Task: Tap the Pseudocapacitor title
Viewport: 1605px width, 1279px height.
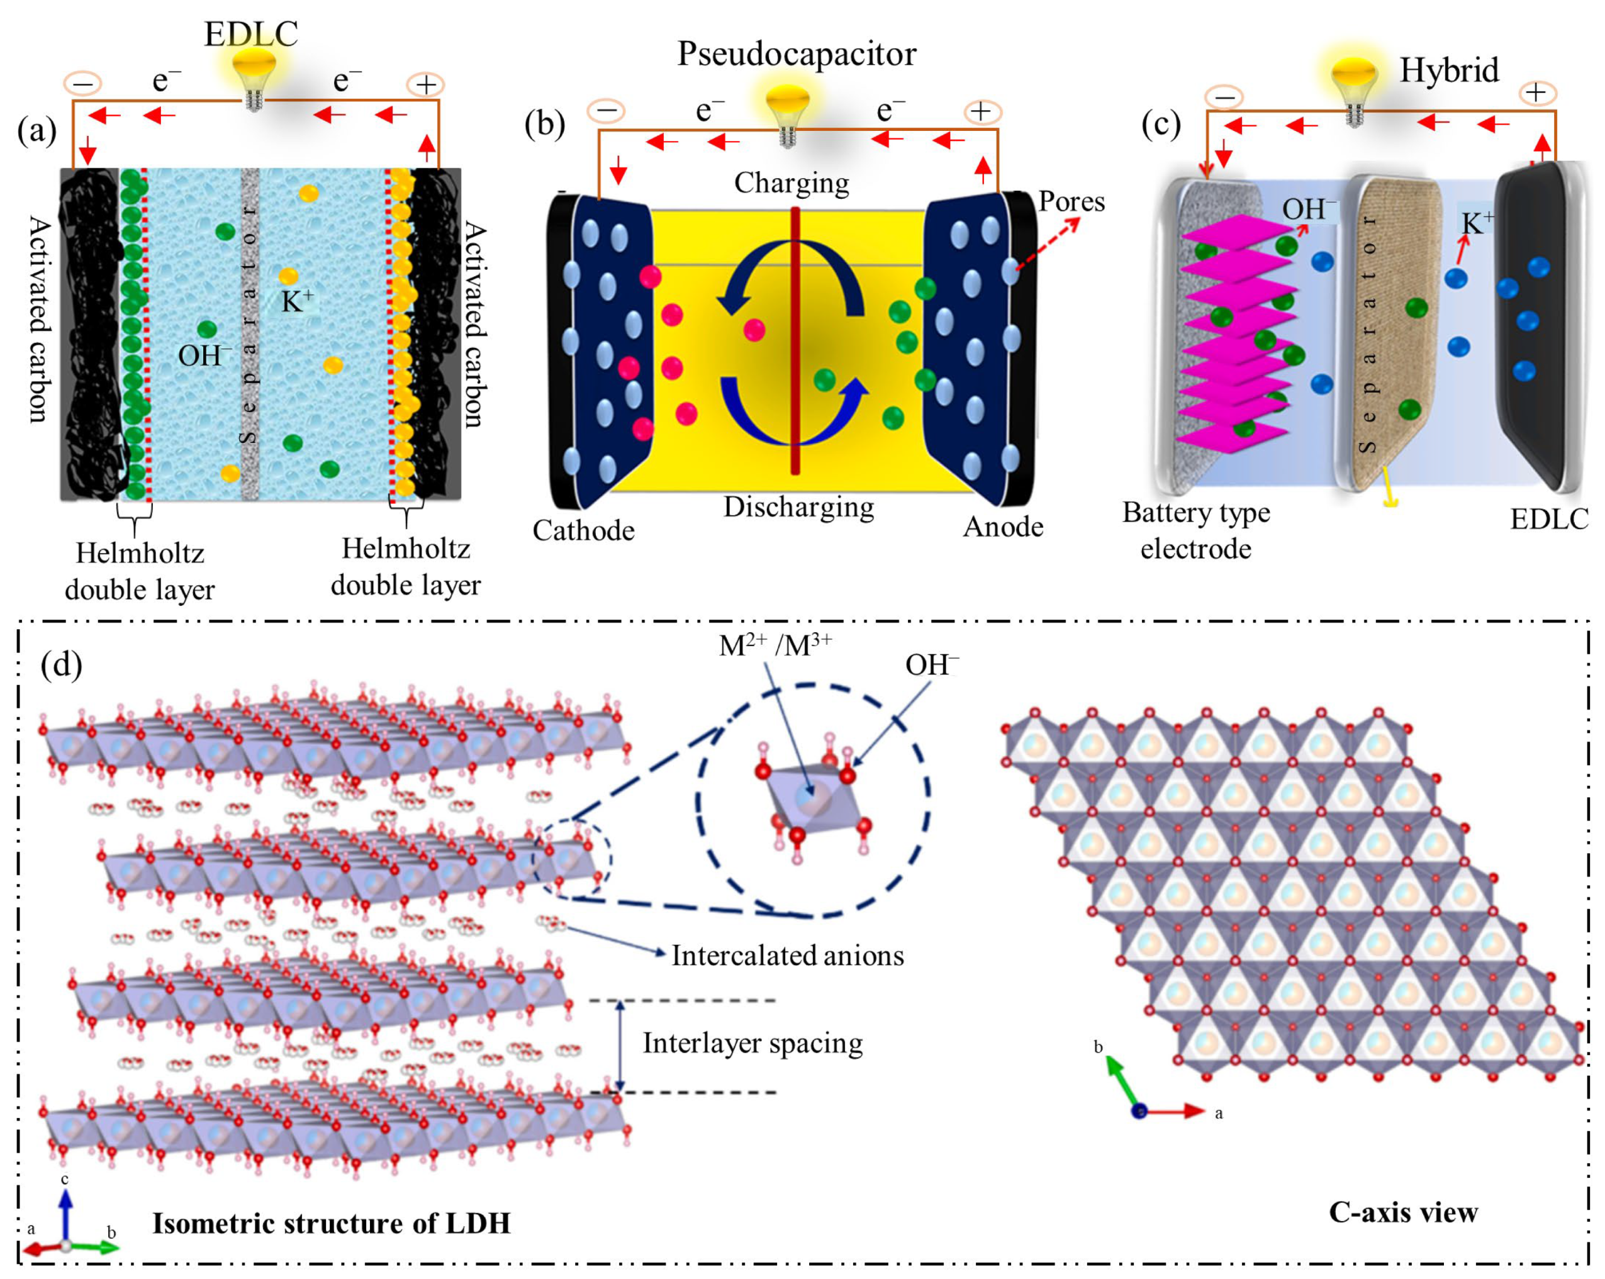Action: click(x=796, y=54)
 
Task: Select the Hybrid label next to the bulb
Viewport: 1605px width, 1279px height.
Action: click(x=1449, y=70)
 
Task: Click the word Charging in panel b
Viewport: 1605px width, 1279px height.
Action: click(x=791, y=183)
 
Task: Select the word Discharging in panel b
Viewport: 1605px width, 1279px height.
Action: click(x=799, y=508)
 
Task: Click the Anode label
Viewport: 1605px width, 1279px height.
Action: click(x=1003, y=527)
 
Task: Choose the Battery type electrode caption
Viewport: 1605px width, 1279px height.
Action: click(x=1195, y=531)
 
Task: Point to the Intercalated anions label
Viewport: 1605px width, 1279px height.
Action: click(x=787, y=956)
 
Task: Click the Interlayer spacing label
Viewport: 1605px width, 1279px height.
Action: click(x=752, y=1043)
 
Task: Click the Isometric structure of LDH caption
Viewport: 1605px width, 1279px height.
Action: click(x=332, y=1223)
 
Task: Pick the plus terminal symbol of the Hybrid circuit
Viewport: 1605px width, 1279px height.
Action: click(x=1536, y=93)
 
